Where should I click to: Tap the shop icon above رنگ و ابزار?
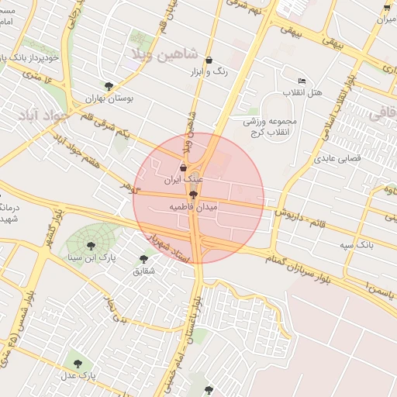point(208,60)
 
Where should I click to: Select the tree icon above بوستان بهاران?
point(108,86)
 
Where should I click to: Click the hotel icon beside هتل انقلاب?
point(302,81)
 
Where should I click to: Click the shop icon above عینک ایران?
point(183,167)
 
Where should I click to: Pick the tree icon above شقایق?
point(143,259)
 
